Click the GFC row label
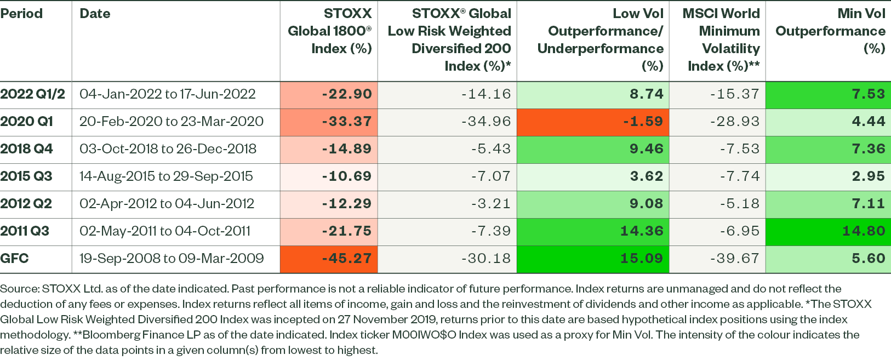click(15, 259)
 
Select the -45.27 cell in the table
click(347, 259)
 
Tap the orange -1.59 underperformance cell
click(643, 122)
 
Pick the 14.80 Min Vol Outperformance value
click(864, 231)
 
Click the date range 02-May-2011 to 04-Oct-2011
click(165, 231)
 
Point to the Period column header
click(21, 14)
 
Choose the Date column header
click(95, 14)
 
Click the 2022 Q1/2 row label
click(32, 94)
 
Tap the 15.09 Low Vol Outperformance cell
click(642, 259)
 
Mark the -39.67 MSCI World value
click(734, 259)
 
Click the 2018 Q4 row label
click(27, 149)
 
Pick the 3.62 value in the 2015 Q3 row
click(647, 176)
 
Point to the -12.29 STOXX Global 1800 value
click(347, 204)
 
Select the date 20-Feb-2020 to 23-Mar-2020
click(172, 122)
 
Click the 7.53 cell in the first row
click(869, 94)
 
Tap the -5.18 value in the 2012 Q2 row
click(740, 204)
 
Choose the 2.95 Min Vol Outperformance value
click(869, 176)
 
